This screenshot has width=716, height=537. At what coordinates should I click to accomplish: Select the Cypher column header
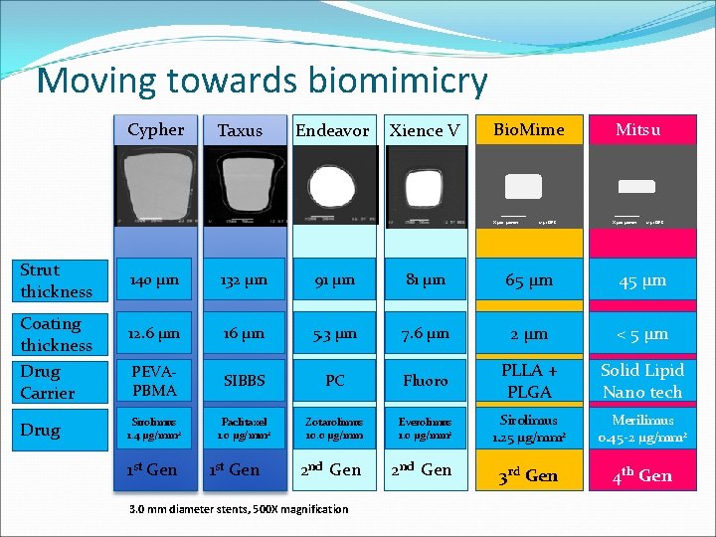coord(155,129)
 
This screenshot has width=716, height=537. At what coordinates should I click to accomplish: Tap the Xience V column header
coord(425,130)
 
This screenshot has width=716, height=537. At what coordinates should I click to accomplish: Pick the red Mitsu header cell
coord(638,129)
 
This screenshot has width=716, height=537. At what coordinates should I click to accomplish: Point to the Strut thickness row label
coord(56,280)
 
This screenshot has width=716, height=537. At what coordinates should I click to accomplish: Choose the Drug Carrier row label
coord(48,382)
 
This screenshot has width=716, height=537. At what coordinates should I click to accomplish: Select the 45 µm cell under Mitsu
coord(642,281)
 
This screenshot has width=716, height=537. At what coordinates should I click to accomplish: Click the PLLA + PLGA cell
coord(529,381)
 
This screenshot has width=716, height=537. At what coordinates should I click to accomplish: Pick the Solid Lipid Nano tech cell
coord(642,381)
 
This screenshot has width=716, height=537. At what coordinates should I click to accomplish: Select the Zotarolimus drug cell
coord(333,430)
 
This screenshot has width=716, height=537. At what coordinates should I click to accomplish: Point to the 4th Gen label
coord(641,475)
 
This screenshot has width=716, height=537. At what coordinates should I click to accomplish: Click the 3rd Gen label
coord(528,475)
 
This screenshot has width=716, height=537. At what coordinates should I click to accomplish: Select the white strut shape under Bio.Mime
coord(523,186)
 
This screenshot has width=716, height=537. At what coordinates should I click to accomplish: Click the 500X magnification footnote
coord(239,509)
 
